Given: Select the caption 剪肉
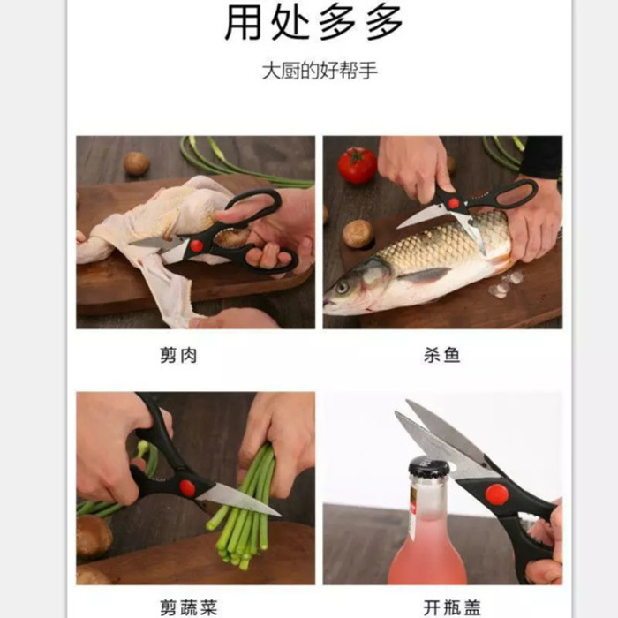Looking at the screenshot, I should point(178,356).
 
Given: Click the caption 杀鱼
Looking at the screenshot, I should point(441,356).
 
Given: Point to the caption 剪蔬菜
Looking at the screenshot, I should point(188,607).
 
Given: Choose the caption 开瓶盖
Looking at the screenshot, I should point(451,607).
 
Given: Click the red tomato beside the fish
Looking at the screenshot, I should point(358,165).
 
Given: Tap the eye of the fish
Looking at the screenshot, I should point(342,287).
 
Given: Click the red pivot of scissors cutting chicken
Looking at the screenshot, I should point(196,245).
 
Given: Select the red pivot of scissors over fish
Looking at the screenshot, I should point(453,203).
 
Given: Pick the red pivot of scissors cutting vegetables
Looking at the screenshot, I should point(187,487).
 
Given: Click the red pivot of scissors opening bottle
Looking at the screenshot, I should point(497,494).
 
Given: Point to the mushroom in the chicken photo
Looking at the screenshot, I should point(136,163).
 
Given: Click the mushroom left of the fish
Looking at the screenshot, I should point(358,233).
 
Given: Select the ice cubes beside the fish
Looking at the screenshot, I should point(505,284).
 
